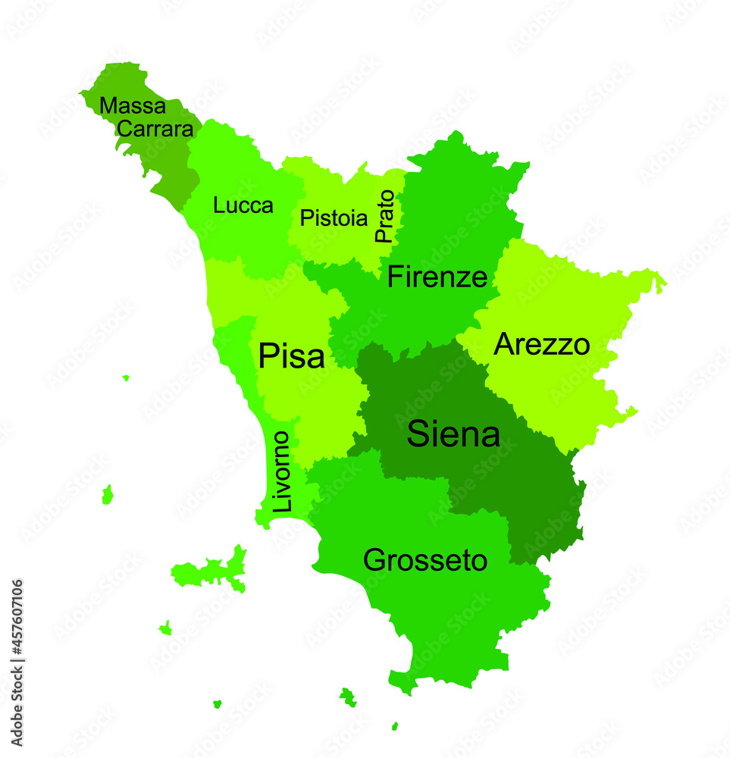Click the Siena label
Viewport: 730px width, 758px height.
pos(453,435)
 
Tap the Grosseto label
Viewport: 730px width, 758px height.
pos(425,561)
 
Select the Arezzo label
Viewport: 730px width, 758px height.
pos(541,345)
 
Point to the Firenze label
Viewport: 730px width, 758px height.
pos(437,277)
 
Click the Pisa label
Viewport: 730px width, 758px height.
pos(291,356)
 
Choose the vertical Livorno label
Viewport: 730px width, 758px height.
pos(281,471)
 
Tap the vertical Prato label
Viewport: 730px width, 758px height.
pos(385,216)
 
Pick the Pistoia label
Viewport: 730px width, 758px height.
pos(334,218)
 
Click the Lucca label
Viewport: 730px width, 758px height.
pos(243,205)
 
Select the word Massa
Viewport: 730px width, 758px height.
pos(132,106)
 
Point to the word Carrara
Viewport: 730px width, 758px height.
pos(155,129)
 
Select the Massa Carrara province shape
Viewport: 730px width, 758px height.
pos(171,163)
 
